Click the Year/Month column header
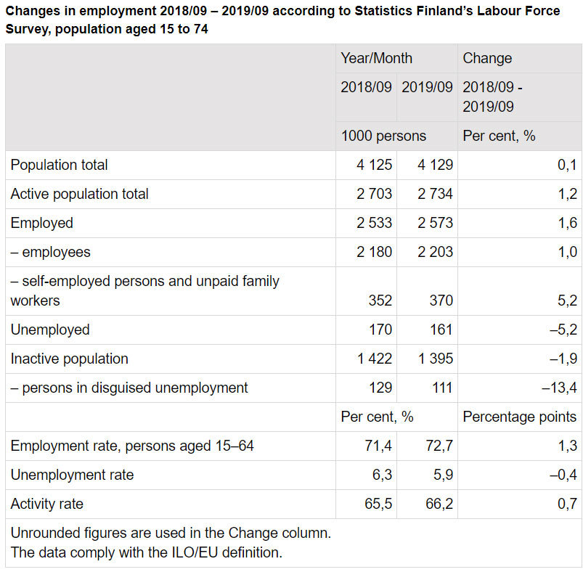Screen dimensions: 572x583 point(376,59)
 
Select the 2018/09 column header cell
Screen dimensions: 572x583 point(366,87)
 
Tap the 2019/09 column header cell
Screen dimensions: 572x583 point(427,87)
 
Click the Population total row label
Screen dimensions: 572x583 point(59,165)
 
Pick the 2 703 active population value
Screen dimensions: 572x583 point(374,194)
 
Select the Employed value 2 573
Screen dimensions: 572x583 point(435,223)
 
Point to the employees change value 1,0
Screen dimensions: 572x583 point(568,252)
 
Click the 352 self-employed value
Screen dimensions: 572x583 point(380,301)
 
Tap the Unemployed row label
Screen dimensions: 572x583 point(50,330)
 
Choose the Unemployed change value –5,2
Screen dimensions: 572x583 point(563,330)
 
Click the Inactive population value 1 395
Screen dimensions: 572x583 point(435,359)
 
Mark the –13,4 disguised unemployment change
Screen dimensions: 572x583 point(559,388)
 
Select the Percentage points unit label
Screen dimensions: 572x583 point(519,417)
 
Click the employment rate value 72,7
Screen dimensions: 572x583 point(439,446)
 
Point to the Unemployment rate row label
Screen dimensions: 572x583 point(72,475)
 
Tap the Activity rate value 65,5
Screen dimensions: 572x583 point(378,504)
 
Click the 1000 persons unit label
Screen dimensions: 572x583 point(383,136)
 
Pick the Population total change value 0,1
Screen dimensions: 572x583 point(568,165)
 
